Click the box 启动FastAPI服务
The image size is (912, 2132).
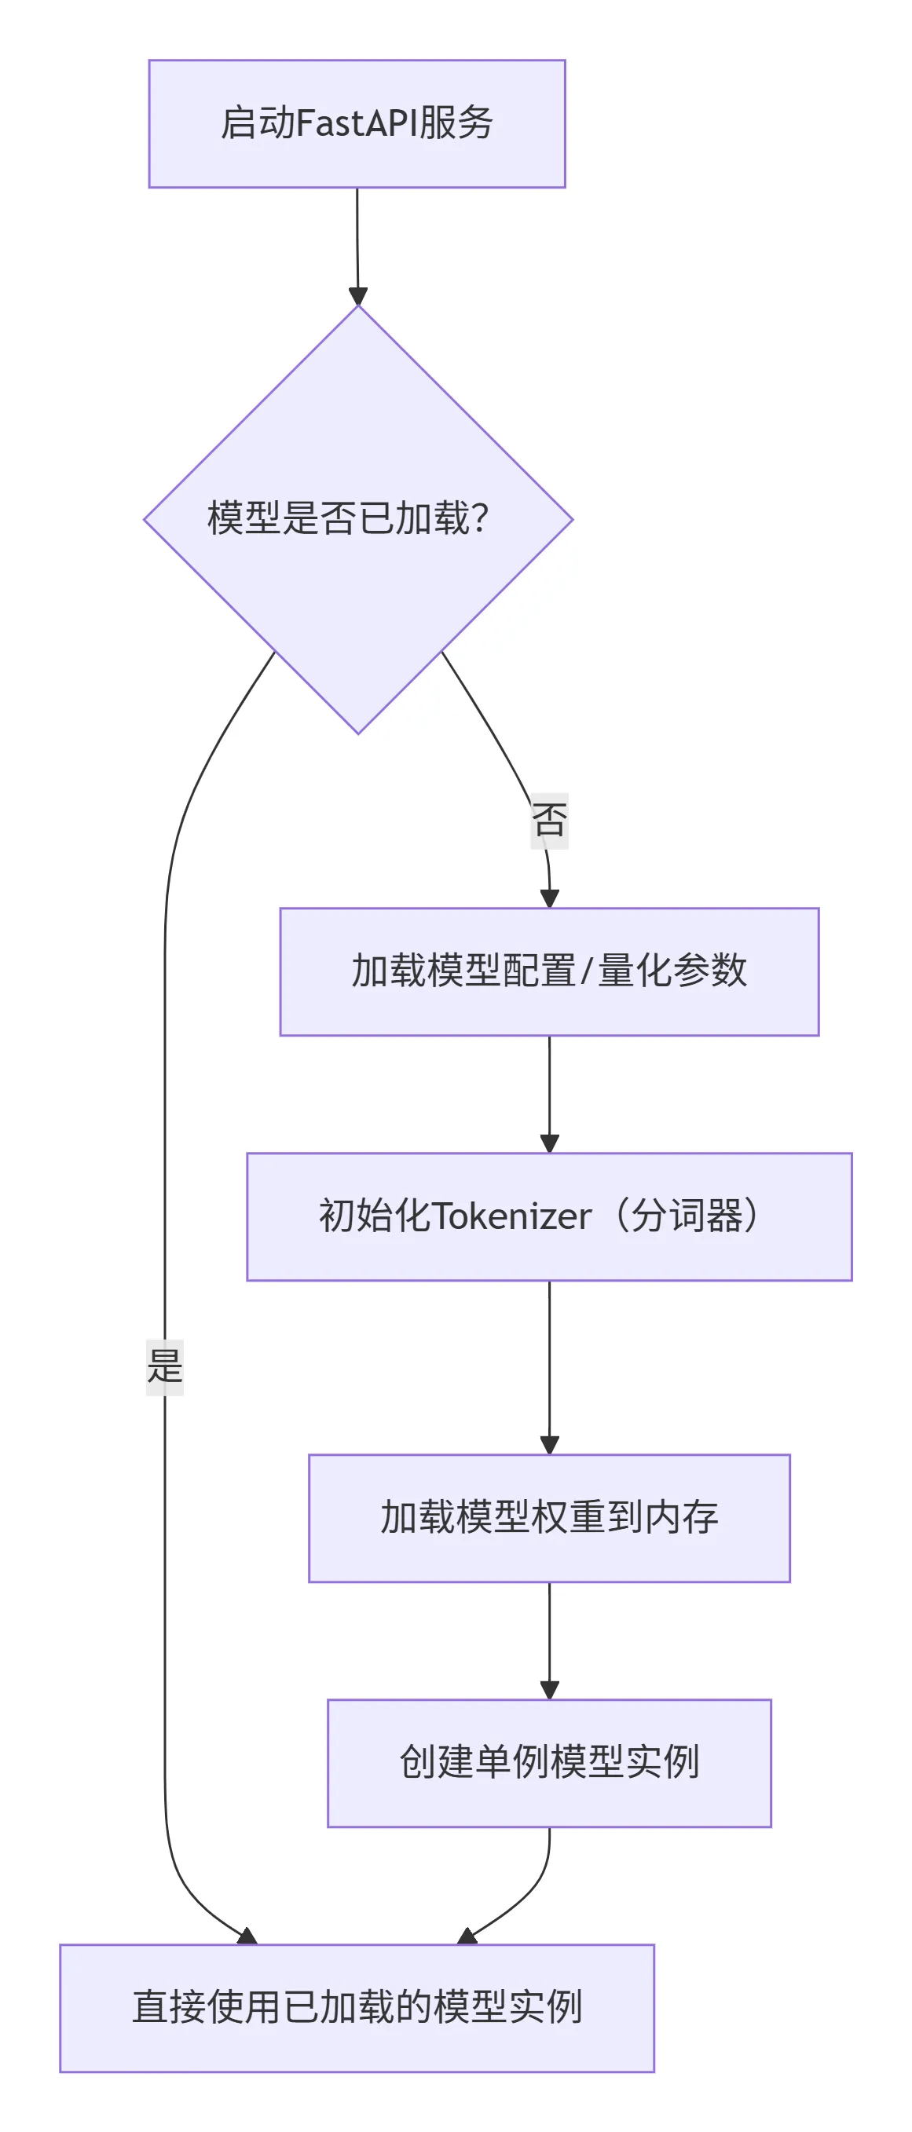click(357, 124)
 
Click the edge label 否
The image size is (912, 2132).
click(548, 820)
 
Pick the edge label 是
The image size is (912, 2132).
click(165, 1366)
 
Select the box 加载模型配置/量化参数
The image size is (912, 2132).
click(548, 971)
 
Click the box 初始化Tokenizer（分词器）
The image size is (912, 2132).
click(548, 1216)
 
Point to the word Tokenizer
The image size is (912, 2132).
click(511, 1216)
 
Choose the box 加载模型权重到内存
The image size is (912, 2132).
click(548, 1518)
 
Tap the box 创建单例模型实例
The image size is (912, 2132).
click(548, 1763)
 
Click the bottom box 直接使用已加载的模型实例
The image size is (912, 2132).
click(357, 2008)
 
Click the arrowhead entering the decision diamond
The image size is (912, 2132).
click(357, 296)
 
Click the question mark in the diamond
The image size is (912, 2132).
click(479, 519)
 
